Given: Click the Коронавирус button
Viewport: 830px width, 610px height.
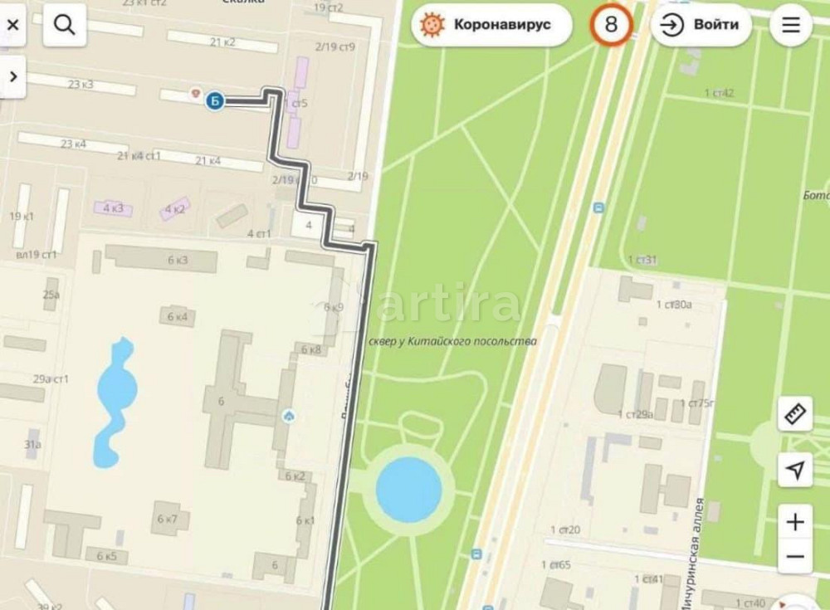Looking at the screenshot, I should [x=492, y=26].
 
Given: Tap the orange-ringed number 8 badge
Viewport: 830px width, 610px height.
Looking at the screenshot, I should [x=611, y=25].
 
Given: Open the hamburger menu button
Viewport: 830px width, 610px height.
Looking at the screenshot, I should [x=791, y=26].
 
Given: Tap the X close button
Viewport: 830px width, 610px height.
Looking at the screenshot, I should [x=12, y=26].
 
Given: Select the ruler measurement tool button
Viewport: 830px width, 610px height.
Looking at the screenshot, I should [x=794, y=413].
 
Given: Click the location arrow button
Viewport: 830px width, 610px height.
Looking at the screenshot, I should [x=794, y=471].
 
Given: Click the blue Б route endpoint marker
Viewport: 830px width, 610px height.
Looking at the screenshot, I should [x=214, y=100].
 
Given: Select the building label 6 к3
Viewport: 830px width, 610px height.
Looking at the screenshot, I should [x=178, y=260].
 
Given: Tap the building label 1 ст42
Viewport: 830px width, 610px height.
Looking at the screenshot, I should [x=719, y=93].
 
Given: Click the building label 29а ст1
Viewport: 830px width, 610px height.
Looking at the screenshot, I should [x=51, y=379].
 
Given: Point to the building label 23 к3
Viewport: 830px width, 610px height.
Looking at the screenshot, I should [x=81, y=84].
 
